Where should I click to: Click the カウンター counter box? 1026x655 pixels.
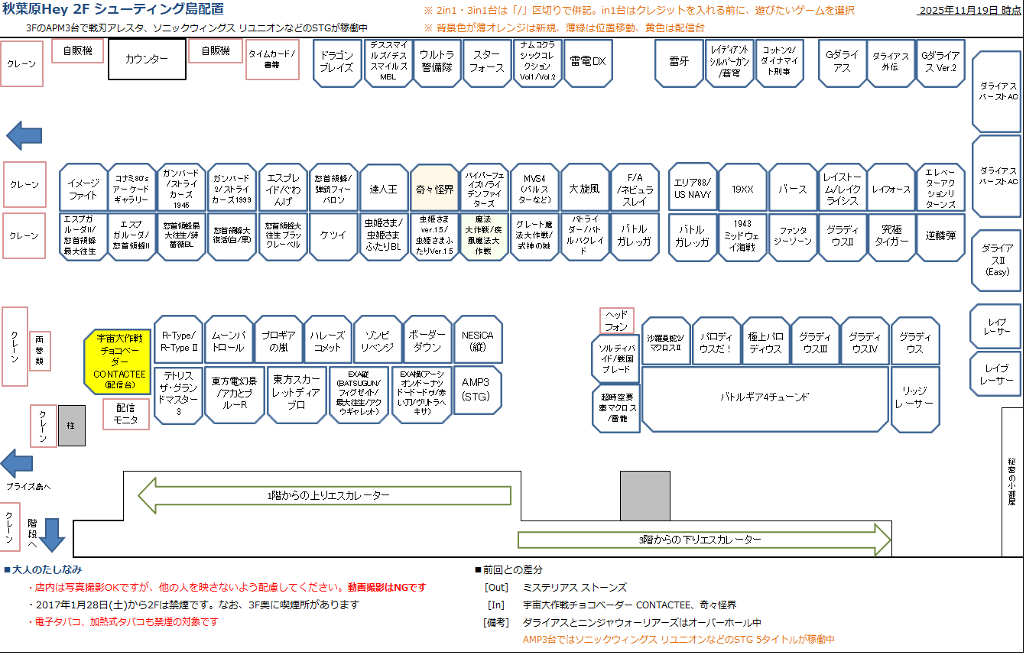pos(147,59)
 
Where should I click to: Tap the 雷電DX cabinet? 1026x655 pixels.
pos(587,61)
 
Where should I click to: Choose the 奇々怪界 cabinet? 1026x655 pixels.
pos(434,188)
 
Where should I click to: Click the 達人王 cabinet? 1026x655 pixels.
pos(384,188)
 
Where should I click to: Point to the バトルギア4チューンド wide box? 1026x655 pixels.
pos(765,397)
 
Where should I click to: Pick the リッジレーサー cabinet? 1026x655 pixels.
pos(914,398)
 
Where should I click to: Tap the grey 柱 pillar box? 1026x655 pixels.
pos(72,426)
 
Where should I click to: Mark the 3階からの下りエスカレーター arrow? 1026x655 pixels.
pos(703,540)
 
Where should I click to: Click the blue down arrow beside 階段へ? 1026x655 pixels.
pos(52,534)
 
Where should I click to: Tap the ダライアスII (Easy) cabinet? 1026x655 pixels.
pos(997,260)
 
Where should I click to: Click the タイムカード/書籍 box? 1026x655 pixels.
pos(271,60)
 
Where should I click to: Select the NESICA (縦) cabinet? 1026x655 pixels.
pos(478,341)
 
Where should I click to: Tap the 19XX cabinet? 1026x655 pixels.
pos(742,188)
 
